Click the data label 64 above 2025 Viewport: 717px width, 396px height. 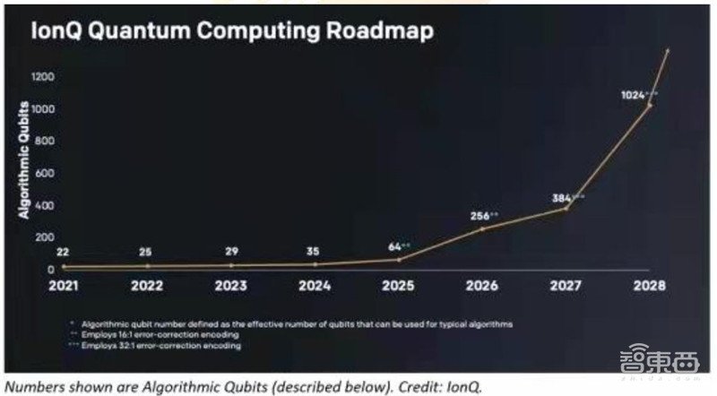pyautogui.click(x=396, y=245)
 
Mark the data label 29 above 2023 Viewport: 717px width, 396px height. pyautogui.click(x=233, y=252)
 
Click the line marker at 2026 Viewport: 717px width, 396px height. pyautogui.click(x=482, y=229)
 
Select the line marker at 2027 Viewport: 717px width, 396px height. pyautogui.click(x=566, y=209)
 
